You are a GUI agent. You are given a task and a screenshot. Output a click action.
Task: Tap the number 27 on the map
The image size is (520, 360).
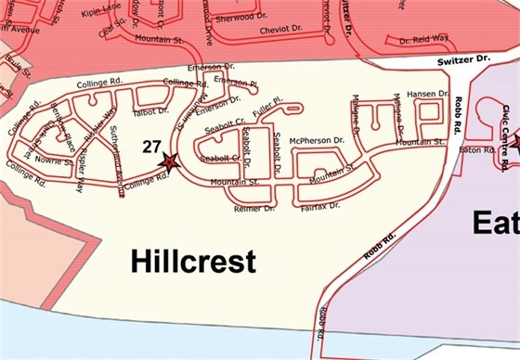152,147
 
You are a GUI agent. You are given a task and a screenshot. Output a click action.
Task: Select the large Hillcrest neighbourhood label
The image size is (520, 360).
193,262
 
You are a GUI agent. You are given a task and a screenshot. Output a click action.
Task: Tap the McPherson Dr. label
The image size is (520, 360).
317,140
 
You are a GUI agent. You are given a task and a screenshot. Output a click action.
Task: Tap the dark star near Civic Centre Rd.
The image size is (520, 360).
513,140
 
